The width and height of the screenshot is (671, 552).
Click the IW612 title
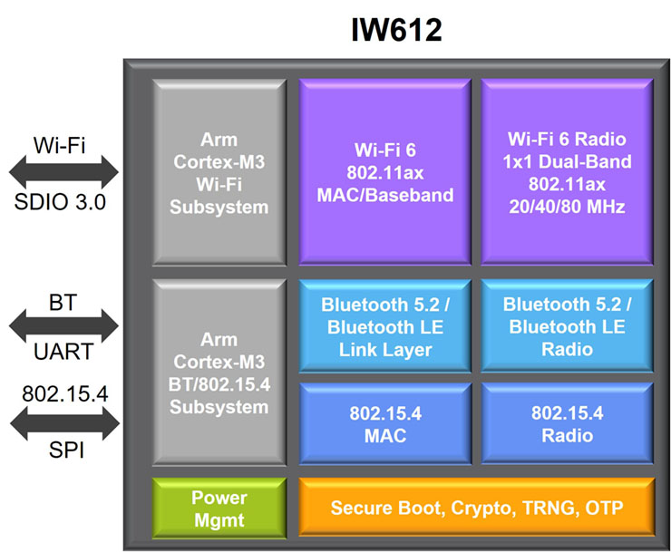[x=396, y=30]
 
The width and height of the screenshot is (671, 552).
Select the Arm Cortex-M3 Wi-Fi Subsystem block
[x=219, y=172]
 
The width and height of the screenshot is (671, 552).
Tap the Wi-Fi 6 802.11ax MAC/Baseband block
[x=385, y=172]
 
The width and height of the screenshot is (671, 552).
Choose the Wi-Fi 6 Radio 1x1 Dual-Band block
[x=567, y=172]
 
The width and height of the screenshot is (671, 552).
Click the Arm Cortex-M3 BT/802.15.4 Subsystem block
[x=219, y=373]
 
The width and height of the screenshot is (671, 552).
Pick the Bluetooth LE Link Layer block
[x=385, y=326]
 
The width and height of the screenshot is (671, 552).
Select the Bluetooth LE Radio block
[x=567, y=326]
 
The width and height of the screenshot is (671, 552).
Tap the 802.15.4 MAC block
[x=385, y=423]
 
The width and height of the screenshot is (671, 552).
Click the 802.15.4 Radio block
[x=567, y=423]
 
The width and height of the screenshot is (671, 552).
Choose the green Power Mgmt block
[x=219, y=508]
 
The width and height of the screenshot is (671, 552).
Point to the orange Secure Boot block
[x=477, y=507]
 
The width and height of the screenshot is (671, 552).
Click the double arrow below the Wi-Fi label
[x=63, y=172]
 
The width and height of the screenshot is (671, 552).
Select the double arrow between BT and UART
[x=63, y=326]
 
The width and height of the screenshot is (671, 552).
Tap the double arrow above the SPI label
[x=64, y=423]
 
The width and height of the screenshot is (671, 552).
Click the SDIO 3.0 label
[x=60, y=202]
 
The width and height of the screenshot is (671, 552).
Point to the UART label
[x=63, y=352]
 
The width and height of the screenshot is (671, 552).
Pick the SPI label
[x=66, y=450]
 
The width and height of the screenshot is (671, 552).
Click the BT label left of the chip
[x=63, y=303]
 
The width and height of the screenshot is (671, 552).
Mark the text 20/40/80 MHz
[x=567, y=207]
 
